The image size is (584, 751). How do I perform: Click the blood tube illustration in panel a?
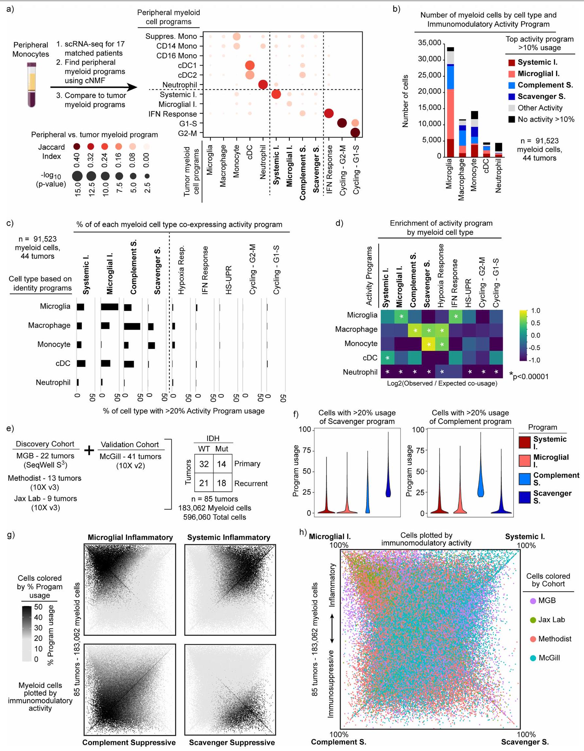(x=32, y=84)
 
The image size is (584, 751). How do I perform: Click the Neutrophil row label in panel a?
(x=179, y=85)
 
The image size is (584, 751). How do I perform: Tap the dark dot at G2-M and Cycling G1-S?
(x=355, y=133)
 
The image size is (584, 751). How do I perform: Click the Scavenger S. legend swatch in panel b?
(x=511, y=97)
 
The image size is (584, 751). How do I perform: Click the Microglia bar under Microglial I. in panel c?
(x=109, y=307)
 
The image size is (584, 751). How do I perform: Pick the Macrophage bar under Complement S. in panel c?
(x=132, y=326)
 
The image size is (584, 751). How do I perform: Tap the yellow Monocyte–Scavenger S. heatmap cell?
(x=428, y=344)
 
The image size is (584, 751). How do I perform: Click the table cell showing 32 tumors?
(x=204, y=464)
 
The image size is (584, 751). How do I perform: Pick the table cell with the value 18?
(x=221, y=483)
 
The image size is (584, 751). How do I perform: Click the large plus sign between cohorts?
(x=89, y=450)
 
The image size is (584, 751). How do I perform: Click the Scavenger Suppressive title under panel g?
(x=232, y=742)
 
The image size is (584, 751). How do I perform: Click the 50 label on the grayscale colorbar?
(x=38, y=607)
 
